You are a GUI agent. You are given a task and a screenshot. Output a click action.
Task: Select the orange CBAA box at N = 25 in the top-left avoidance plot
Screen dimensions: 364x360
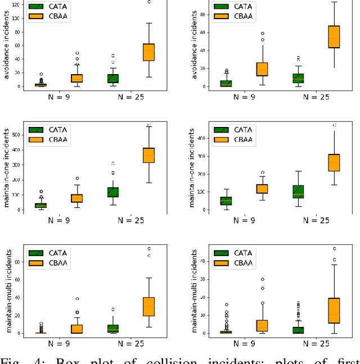click(148, 52)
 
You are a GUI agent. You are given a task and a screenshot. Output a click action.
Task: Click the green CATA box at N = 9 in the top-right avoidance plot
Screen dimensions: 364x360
click(226, 84)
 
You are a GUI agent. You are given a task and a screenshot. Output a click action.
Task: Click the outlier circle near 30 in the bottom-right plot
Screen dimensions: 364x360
click(262, 279)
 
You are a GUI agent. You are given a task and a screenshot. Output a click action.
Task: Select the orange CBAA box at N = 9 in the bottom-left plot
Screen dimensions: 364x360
click(77, 329)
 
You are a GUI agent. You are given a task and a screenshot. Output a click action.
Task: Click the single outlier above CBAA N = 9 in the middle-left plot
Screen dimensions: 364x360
click(77, 179)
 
